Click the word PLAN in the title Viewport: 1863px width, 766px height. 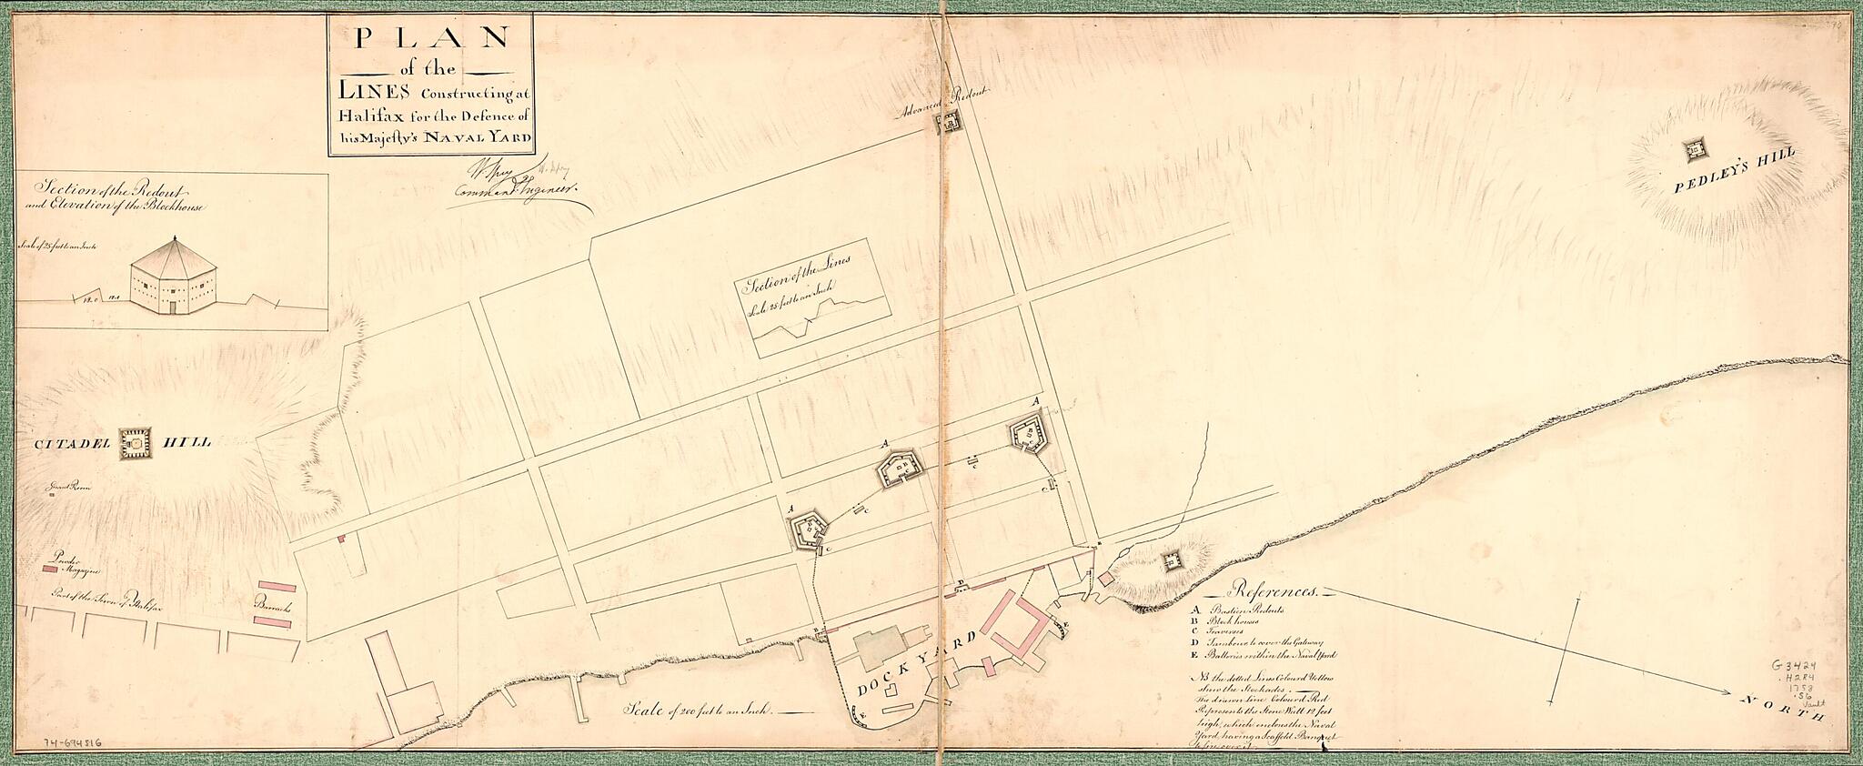(431, 37)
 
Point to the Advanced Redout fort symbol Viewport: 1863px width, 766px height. (952, 123)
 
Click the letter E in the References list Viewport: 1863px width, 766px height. (1192, 653)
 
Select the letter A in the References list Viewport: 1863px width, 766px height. (1192, 609)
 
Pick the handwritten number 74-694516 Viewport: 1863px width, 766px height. (74, 742)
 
